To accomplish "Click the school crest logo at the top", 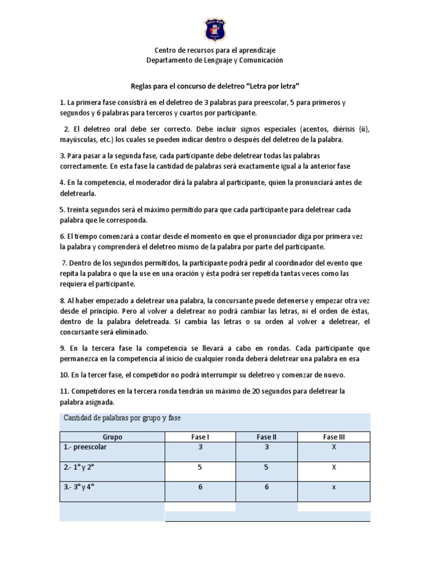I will pyautogui.click(x=215, y=29).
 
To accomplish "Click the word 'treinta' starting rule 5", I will pyautogui.click(x=79, y=209).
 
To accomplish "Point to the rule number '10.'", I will pyautogui.click(x=66, y=374).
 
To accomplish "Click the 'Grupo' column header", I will pyautogui.click(x=112, y=437).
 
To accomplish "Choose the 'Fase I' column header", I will pyautogui.click(x=200, y=437).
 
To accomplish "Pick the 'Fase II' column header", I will pyautogui.click(x=267, y=437).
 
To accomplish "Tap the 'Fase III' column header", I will pyautogui.click(x=334, y=437).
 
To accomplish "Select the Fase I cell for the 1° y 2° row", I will pyautogui.click(x=200, y=466).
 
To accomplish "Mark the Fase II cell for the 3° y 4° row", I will pyautogui.click(x=267, y=487).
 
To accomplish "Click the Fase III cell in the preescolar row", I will pyautogui.click(x=334, y=447).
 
